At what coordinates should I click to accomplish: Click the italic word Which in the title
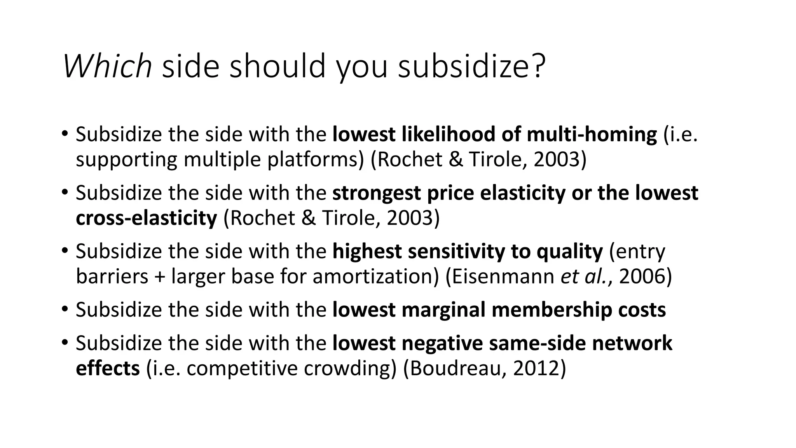(x=107, y=66)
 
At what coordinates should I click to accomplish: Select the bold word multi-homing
(x=592, y=134)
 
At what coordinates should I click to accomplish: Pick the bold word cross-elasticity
(x=146, y=218)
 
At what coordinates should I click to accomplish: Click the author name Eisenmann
(x=503, y=276)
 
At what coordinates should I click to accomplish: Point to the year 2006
(x=642, y=276)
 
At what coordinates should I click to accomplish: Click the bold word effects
(x=108, y=368)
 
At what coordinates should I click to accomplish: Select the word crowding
(x=349, y=368)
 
